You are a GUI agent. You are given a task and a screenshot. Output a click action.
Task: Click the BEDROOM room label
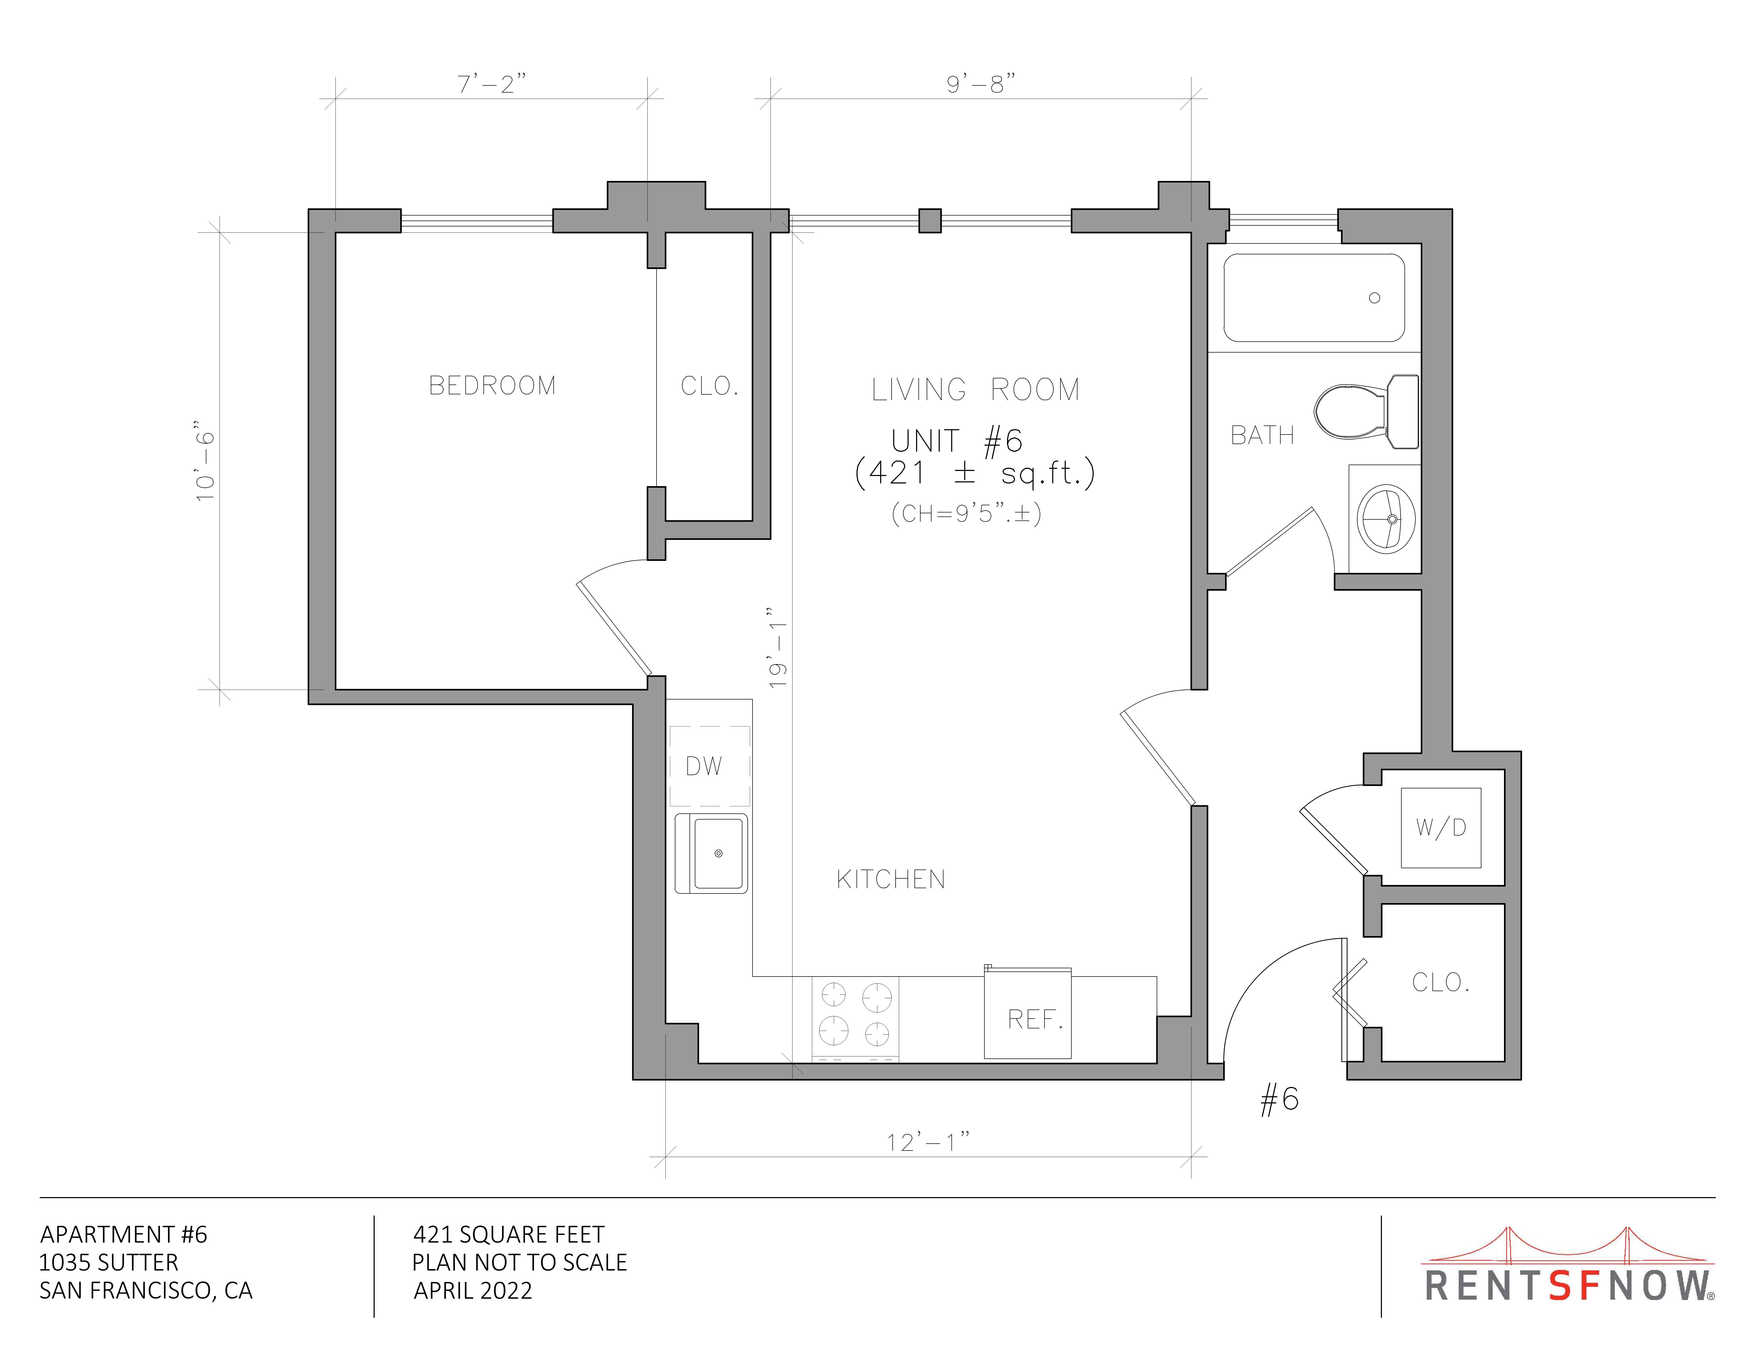(x=492, y=386)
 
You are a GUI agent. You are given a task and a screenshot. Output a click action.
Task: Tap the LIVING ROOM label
(x=976, y=390)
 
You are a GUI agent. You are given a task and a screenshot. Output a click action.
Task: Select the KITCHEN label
(x=890, y=879)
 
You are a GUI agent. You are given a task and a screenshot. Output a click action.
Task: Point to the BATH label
(x=1263, y=436)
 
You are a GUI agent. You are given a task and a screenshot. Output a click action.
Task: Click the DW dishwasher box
(x=709, y=766)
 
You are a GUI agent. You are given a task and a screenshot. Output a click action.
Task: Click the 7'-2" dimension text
(x=492, y=84)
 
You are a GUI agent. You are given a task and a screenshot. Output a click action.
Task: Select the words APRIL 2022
(x=473, y=1290)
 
